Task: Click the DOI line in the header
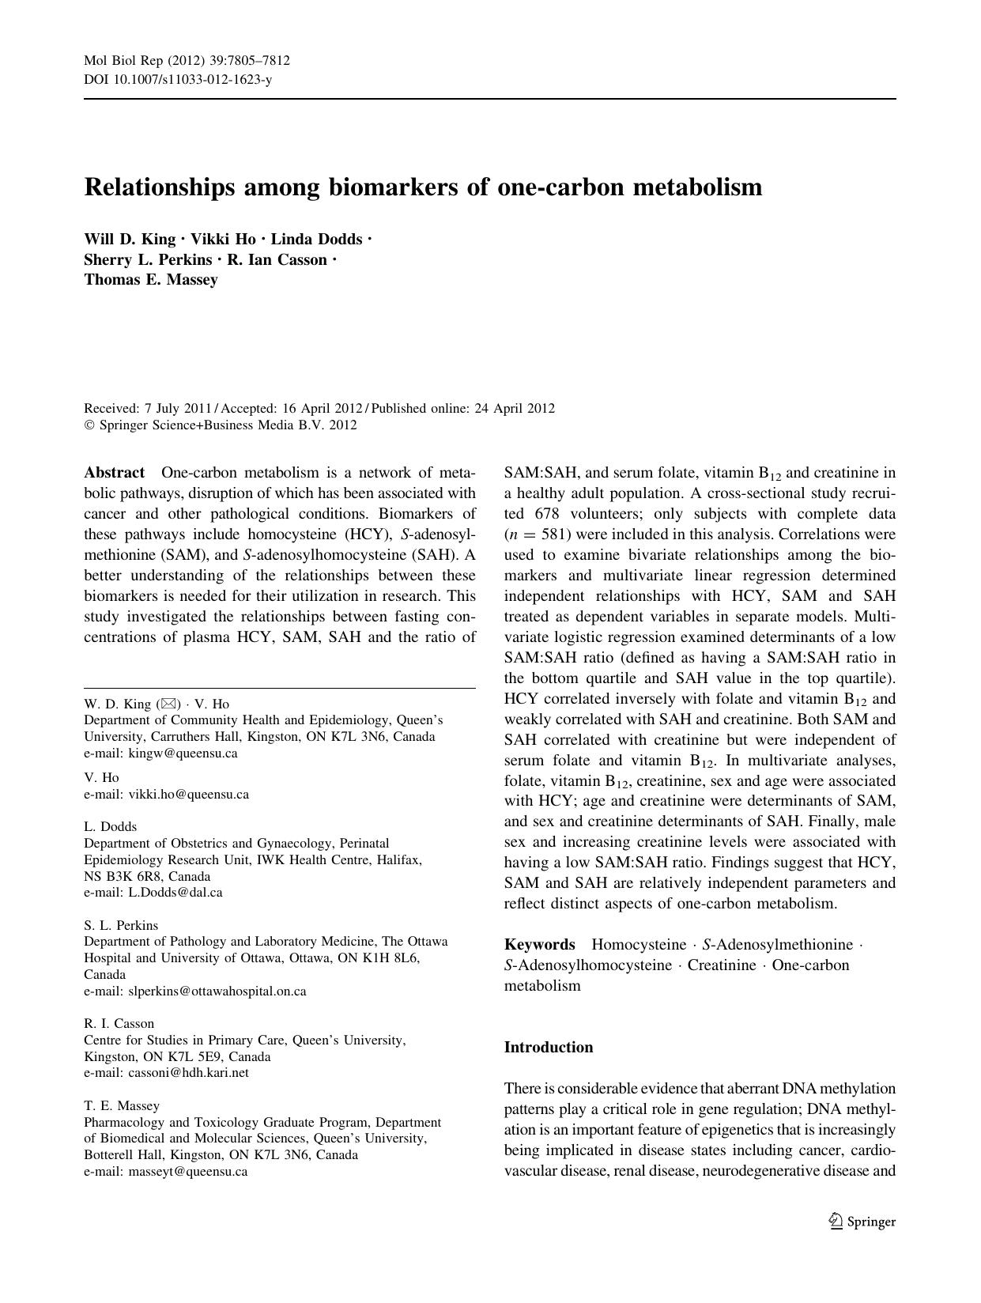tap(178, 80)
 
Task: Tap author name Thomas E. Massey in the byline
tap(151, 279)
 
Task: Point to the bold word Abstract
tap(115, 473)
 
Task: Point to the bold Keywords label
tap(540, 944)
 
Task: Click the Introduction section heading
tap(549, 1047)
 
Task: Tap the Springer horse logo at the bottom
tap(836, 1222)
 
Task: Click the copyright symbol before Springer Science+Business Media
tap(89, 425)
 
